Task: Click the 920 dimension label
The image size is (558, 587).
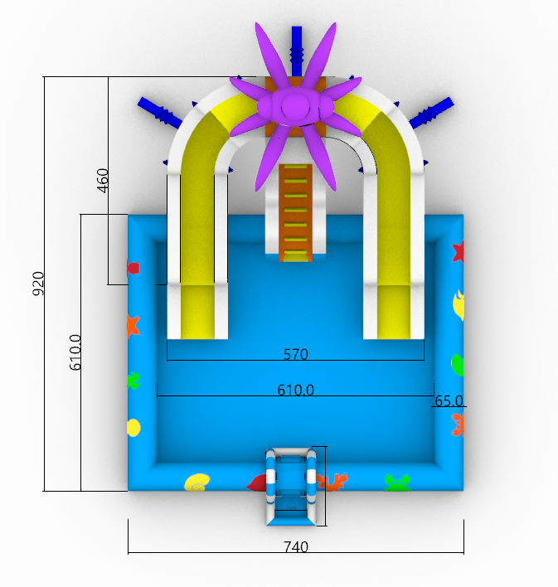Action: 39,284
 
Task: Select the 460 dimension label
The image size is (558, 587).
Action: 103,181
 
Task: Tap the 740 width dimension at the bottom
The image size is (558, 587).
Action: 296,547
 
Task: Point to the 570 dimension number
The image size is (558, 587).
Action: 296,354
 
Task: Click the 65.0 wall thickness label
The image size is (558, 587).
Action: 449,401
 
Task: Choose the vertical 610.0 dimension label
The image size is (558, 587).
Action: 75,352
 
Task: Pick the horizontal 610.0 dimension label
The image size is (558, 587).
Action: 295,390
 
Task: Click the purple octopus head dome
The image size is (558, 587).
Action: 296,106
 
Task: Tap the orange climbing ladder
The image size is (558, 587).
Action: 295,212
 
